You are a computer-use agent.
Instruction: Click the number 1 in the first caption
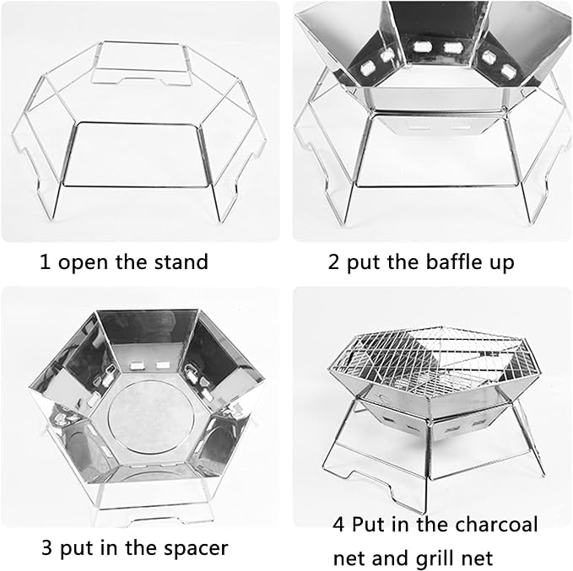pos(45,262)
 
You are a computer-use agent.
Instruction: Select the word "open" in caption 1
pos(82,264)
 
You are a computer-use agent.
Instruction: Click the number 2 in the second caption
pos(333,262)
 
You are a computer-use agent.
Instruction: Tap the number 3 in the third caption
pos(46,547)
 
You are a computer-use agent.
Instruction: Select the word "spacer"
pos(196,549)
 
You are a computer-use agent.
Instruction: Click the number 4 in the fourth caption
pos(338,525)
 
